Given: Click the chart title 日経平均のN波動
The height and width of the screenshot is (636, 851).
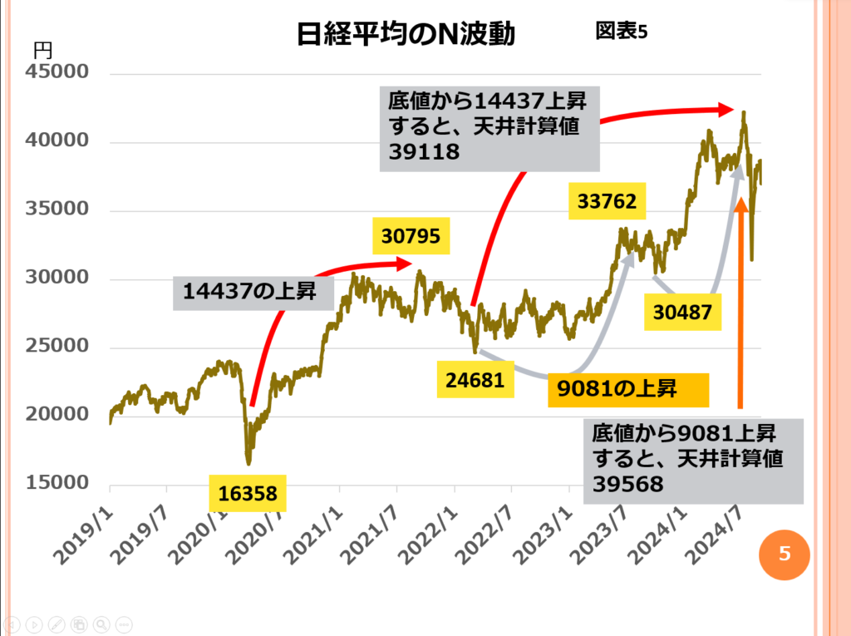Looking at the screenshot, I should coord(406,34).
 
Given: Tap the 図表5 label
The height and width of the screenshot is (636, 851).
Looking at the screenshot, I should coord(622,31).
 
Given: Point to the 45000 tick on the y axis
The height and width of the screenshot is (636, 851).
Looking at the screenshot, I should coord(58,72).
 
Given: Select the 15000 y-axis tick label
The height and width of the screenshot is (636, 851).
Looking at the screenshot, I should coord(58,484).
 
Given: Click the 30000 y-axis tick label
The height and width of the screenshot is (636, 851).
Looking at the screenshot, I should coord(58,278).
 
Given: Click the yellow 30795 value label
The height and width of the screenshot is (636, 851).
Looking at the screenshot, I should coord(410,235).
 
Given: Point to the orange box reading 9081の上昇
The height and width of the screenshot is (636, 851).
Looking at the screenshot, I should coord(627,390).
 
